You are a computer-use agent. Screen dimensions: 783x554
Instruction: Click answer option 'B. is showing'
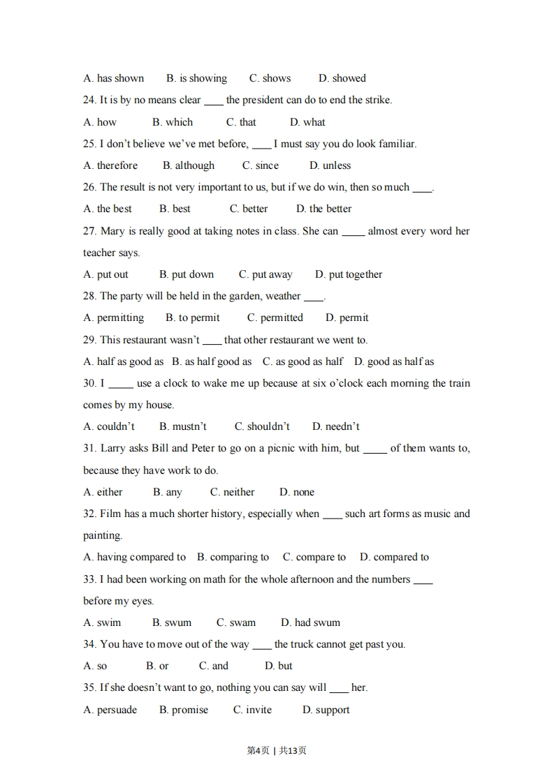196,78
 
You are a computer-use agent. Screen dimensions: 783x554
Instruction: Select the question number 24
89,100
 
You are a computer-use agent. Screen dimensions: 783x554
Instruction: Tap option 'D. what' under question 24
307,122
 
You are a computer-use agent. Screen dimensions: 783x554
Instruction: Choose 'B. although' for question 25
189,165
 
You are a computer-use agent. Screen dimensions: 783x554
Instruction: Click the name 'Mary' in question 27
112,231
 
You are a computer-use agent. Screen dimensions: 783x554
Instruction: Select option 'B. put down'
187,274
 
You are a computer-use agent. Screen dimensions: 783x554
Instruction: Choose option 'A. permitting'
113,318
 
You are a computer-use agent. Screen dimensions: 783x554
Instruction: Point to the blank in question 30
121,384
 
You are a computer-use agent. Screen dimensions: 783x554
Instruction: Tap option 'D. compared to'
394,557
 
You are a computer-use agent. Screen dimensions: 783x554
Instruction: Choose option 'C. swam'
235,622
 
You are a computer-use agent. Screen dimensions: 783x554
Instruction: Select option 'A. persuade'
110,710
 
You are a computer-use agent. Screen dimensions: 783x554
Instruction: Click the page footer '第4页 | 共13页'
277,750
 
